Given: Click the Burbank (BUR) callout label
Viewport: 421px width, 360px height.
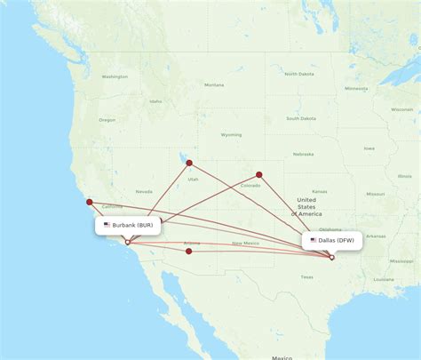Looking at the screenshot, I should point(128,225).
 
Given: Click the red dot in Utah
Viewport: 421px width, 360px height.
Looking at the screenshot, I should point(188,162).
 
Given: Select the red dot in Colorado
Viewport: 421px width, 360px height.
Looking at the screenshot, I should point(259,174).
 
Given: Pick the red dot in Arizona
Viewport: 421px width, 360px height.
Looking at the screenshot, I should point(189,251).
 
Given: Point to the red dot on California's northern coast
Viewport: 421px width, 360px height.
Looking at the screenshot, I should point(89,202).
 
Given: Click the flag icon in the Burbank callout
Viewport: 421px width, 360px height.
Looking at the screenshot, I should point(107,225).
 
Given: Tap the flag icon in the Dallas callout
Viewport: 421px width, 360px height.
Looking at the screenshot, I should point(313,240).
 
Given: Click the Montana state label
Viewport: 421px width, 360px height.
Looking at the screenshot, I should point(213,84).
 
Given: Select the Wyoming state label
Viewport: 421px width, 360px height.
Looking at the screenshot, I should point(231,135).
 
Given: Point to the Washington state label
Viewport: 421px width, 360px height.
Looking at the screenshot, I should point(115,76).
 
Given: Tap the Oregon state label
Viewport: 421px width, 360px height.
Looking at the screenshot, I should point(107,120).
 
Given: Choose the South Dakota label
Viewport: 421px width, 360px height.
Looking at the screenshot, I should point(301,118).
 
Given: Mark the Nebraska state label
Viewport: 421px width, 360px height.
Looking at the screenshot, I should point(304,152).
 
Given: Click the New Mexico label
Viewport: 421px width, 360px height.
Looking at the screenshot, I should point(245,243).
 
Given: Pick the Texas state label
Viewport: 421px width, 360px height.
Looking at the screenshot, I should point(306,276).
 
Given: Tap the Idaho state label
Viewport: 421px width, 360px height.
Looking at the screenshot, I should point(155,101).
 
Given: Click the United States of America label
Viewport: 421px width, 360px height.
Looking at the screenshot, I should point(308,207).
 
